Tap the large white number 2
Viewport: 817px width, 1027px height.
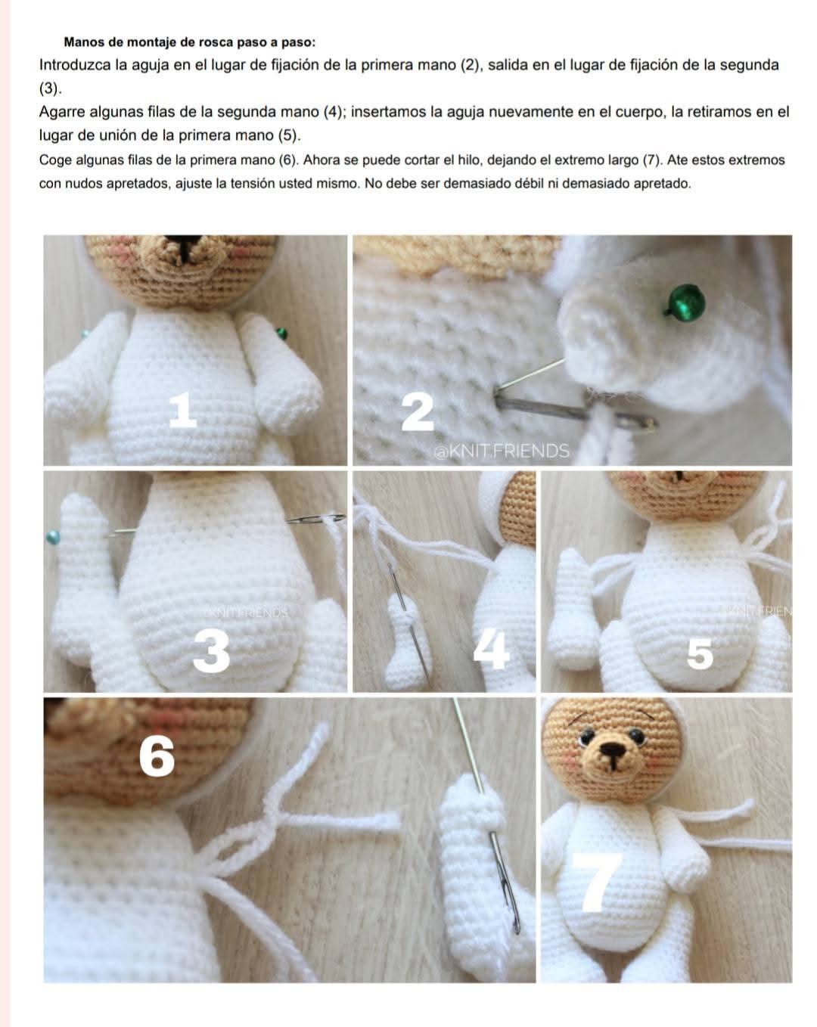point(418,412)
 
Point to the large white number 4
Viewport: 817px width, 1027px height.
point(490,650)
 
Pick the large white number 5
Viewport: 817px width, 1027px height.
point(699,655)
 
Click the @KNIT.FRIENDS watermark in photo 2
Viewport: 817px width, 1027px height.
point(502,451)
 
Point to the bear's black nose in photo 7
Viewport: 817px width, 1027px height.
point(611,750)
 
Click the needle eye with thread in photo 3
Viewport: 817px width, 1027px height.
point(315,518)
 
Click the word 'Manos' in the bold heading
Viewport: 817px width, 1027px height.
point(83,42)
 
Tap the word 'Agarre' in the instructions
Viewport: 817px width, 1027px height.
point(62,113)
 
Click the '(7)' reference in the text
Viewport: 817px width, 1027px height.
point(652,160)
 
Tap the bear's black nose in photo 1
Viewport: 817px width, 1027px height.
point(183,245)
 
